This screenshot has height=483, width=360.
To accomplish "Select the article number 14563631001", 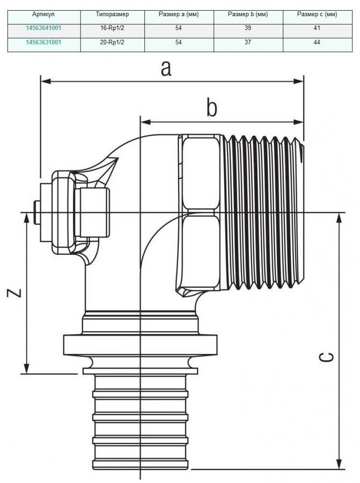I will coord(43,42).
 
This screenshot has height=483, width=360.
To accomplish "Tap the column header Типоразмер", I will coord(112,13).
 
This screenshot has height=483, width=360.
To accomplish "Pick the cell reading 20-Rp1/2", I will coord(112,42).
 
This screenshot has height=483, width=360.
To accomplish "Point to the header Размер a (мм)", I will coord(179,13).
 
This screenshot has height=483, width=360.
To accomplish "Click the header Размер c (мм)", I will coord(317,13).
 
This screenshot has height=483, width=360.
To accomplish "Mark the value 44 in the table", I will coord(317,42).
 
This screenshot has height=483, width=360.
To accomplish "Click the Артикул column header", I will coord(43,13).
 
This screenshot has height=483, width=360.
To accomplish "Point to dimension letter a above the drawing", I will coord(166,69).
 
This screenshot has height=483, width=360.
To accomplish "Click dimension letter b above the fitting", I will coord(212,109).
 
